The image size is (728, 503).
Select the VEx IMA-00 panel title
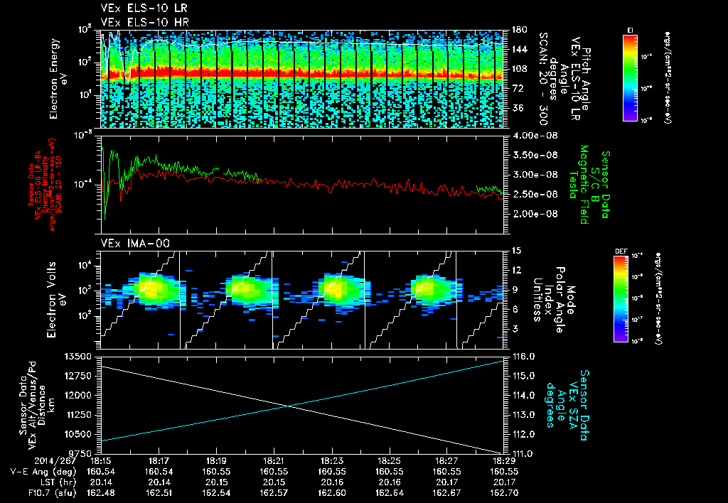130,244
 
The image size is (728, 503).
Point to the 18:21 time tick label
274,460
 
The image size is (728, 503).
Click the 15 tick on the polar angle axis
515,250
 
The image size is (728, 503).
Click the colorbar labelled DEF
628,298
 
